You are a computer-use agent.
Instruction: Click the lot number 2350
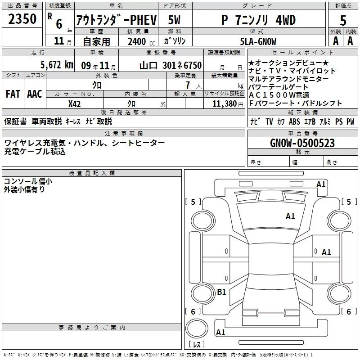22,19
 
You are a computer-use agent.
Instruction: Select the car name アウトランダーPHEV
117,20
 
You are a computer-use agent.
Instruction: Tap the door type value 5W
174,20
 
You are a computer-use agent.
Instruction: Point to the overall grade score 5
343,20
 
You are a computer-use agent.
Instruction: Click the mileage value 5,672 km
57,65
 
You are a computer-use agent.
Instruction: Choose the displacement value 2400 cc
141,42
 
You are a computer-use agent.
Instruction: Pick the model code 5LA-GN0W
258,41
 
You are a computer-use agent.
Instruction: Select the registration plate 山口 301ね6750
171,66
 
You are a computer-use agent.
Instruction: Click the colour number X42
74,104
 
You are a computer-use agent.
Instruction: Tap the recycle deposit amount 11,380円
228,104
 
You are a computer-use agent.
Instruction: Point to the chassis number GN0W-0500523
302,143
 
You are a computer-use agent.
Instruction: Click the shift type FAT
13,94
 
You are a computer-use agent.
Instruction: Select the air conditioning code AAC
35,94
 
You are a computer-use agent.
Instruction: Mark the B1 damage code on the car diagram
221,292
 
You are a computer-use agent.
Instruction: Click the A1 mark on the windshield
290,216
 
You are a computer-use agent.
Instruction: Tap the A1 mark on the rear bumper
220,332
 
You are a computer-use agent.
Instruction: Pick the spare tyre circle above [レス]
197,328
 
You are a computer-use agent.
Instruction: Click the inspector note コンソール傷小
28,181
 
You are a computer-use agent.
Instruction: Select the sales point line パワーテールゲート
278,87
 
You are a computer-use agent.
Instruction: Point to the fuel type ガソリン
175,41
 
